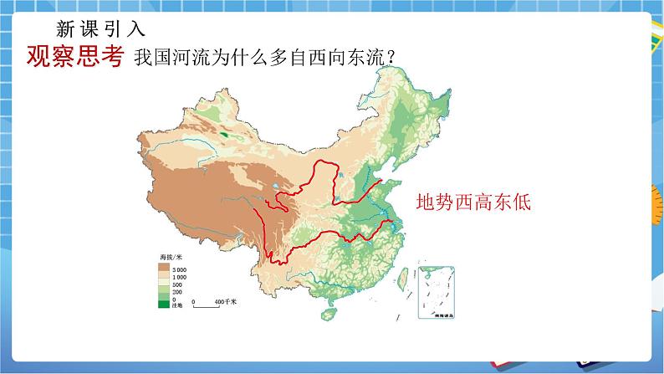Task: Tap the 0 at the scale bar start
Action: (194, 300)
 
